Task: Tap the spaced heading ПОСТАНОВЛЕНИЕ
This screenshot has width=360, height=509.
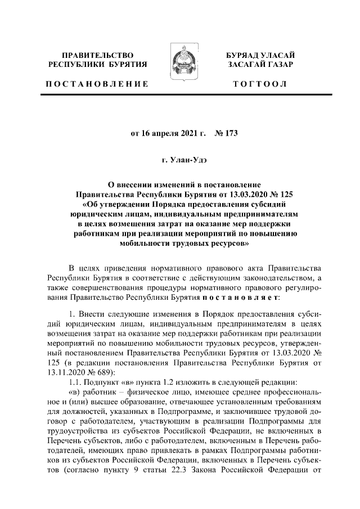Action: (x=97, y=84)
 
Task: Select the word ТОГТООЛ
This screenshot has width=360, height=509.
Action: (x=260, y=84)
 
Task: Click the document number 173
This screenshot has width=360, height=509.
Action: (x=231, y=134)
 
